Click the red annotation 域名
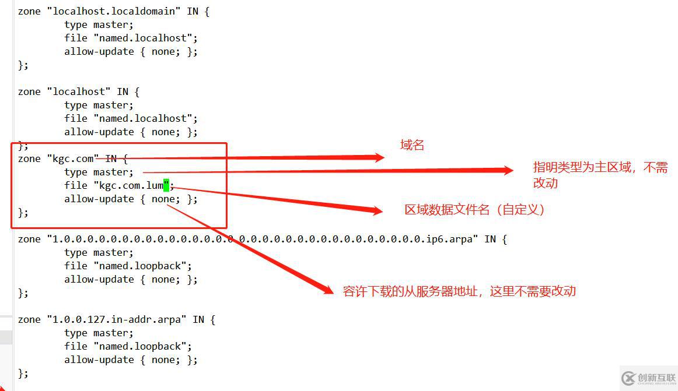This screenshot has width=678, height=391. [x=412, y=146]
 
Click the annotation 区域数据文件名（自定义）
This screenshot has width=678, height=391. [x=475, y=210]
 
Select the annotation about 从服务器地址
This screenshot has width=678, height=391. [x=459, y=291]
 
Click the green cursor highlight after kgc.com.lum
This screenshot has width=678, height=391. [x=166, y=185]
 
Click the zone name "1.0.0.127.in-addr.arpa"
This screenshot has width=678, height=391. [x=117, y=319]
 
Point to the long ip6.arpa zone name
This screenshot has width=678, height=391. [x=263, y=239]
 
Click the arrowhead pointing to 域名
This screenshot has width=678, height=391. [x=378, y=157]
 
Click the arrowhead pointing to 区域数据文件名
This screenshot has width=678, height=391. [x=376, y=210]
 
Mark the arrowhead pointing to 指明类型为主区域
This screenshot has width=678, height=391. [x=506, y=170]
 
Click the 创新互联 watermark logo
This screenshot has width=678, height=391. [x=648, y=378]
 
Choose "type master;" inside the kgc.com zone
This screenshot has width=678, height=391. [x=99, y=172]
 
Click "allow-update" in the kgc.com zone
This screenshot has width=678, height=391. [x=99, y=199]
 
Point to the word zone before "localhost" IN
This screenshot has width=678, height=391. [x=29, y=91]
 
